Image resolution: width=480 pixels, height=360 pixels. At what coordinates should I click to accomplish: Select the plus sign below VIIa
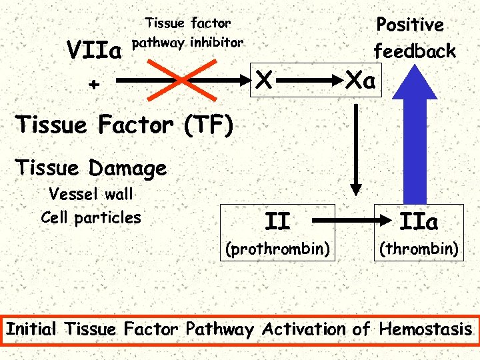tap(94, 85)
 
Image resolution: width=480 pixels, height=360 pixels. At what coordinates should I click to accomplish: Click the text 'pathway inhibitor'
tap(188, 43)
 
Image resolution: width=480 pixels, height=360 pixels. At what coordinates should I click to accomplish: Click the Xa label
tap(360, 81)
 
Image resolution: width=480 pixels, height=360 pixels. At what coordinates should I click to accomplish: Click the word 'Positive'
tap(409, 25)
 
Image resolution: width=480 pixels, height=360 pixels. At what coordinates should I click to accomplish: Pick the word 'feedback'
tap(414, 51)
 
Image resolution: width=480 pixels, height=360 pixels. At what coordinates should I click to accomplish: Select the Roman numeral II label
tap(277, 219)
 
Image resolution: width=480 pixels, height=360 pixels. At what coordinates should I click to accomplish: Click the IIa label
tap(417, 219)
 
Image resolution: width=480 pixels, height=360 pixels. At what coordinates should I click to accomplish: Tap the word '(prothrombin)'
tap(277, 249)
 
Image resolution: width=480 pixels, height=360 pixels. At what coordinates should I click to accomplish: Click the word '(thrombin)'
tap(418, 249)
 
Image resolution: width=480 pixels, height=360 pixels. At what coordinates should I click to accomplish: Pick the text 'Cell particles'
tap(91, 217)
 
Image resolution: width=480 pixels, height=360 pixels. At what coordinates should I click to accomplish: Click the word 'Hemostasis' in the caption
tap(425, 329)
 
